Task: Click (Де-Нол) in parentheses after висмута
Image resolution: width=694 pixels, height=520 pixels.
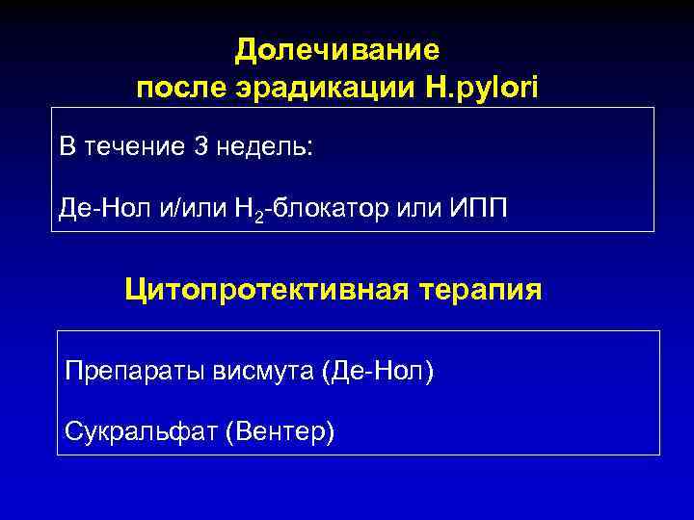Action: (378, 370)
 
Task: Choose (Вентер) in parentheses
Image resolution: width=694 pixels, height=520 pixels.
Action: (280, 431)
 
